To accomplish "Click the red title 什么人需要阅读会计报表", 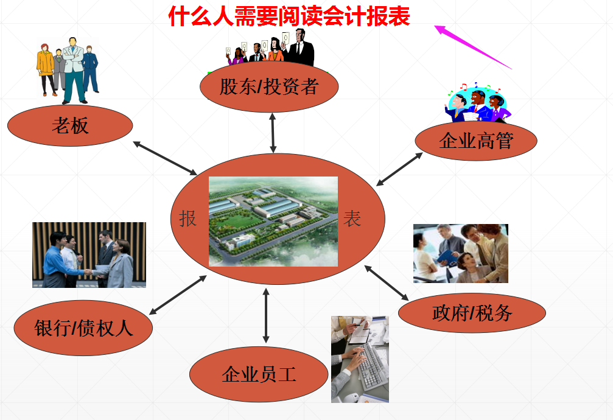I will point(290,16).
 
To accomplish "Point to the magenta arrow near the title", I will point(473,46).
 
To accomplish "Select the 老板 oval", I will point(70,126).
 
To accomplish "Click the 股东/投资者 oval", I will point(269,87).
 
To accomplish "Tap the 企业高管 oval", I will point(476,141).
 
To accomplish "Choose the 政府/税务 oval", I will point(472,313).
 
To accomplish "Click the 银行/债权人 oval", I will point(83,329).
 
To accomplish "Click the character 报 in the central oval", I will point(188,219).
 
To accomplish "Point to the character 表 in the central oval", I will point(352,219).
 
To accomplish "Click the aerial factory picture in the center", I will point(273,222).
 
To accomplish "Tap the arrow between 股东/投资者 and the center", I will point(273,133).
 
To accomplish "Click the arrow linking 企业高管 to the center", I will point(399,169).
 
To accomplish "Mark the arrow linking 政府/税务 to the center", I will point(387,282).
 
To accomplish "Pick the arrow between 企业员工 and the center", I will point(265,316).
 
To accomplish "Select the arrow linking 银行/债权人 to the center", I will point(178,295).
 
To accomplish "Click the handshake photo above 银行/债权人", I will point(89,254).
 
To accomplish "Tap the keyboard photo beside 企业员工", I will point(359,359).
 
